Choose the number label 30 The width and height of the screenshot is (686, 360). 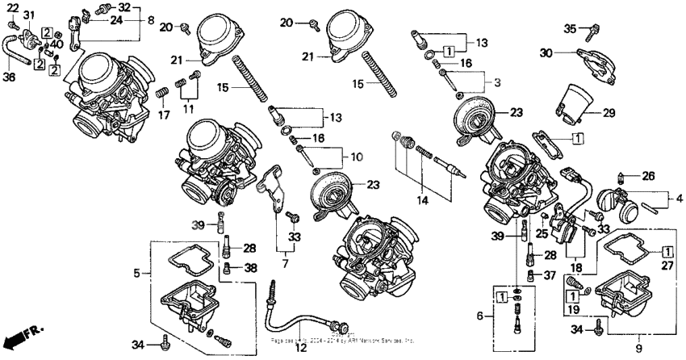[546, 52]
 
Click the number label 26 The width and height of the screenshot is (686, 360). [647, 175]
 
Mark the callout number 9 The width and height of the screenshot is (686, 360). [638, 349]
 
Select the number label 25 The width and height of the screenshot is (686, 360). [542, 234]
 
